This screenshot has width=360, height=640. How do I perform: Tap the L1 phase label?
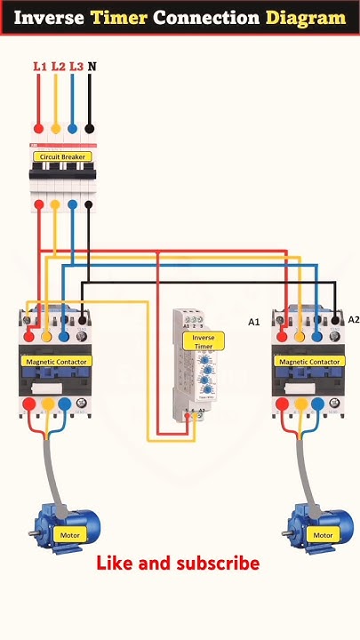coord(39,66)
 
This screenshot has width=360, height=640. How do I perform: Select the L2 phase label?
coord(58,66)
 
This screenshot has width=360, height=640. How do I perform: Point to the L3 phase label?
coord(76,66)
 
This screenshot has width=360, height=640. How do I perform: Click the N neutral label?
coord(92,66)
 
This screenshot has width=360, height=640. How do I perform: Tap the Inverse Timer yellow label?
coord(204,342)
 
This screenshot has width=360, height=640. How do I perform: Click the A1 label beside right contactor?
coord(253,322)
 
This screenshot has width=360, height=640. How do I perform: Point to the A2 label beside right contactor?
coord(353,320)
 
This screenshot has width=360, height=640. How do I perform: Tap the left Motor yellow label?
coord(69,535)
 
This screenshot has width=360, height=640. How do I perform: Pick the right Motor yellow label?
coord(323,535)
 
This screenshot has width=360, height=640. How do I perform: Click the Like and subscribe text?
coord(178,564)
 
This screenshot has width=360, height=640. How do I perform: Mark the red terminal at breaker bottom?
coord(38,205)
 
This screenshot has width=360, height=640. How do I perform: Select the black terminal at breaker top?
coord(89,128)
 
